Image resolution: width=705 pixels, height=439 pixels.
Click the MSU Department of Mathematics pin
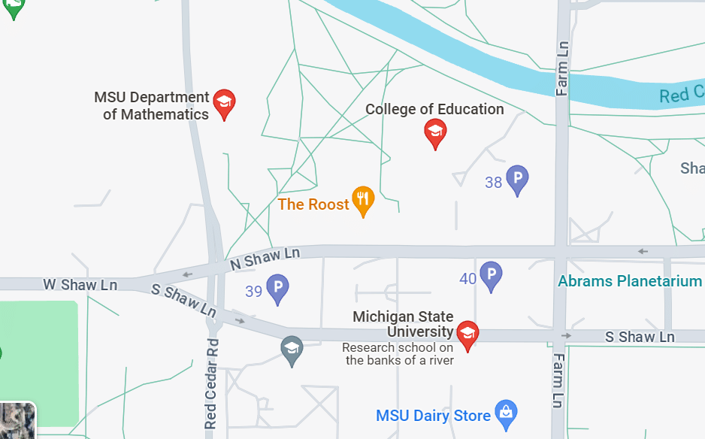click(x=224, y=104)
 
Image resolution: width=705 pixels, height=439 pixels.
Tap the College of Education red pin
click(x=434, y=133)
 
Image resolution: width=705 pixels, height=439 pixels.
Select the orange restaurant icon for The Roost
click(x=363, y=200)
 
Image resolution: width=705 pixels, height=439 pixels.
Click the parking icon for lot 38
click(x=517, y=179)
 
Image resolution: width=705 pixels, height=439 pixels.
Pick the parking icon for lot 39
click(x=277, y=288)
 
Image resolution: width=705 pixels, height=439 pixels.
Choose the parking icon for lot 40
click(x=491, y=275)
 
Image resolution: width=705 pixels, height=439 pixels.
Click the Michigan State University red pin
click(x=467, y=335)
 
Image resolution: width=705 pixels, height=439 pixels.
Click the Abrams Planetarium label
click(x=630, y=281)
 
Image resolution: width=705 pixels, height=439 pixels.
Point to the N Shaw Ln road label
click(x=265, y=258)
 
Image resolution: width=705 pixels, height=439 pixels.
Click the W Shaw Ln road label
click(x=80, y=285)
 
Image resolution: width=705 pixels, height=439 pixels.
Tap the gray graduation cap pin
click(x=292, y=347)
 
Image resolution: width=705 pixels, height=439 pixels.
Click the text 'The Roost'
click(x=313, y=204)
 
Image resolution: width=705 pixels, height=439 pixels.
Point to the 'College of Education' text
click(x=434, y=109)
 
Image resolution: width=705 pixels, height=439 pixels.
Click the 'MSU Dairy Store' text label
click(x=433, y=415)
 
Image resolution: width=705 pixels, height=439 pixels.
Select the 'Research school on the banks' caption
click(x=398, y=353)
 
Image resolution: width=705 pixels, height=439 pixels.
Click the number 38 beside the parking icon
click(x=493, y=182)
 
